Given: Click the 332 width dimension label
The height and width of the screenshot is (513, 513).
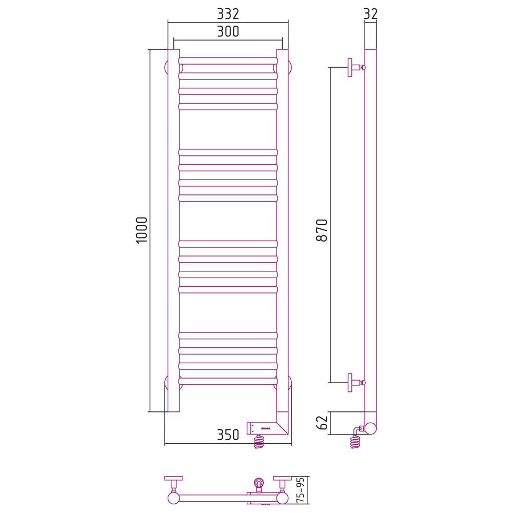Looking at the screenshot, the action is tap(228, 14).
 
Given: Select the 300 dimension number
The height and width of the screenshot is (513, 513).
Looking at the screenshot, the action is tap(228, 31).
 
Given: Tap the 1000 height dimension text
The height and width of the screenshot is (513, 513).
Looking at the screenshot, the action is tap(142, 230).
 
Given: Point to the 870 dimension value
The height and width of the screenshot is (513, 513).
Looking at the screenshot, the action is tap(322, 230).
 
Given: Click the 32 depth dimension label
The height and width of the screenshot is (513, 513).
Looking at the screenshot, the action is tap(371, 14).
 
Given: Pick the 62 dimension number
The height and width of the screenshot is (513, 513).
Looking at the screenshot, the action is tap(322, 423).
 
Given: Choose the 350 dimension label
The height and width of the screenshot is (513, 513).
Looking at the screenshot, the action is tap(228, 435).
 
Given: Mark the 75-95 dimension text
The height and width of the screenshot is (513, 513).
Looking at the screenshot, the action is tap(301, 489).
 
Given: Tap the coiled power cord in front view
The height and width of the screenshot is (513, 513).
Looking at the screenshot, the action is tap(259, 441).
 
